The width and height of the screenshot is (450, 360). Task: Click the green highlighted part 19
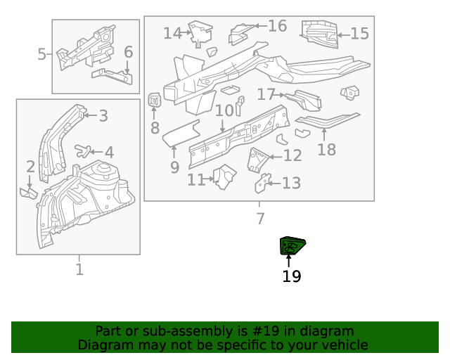(x=292, y=246)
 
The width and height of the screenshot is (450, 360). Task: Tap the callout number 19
(x=291, y=276)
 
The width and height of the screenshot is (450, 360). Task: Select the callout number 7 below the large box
(x=260, y=219)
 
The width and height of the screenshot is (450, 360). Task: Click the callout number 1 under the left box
(x=79, y=269)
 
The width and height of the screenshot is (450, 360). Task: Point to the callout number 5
(x=42, y=54)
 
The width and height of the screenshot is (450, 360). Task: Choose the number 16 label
(x=277, y=26)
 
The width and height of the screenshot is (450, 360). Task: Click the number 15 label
(x=359, y=33)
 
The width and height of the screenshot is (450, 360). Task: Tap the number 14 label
(x=172, y=33)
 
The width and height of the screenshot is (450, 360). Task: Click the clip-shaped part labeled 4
(x=84, y=149)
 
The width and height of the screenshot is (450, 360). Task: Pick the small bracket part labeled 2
(x=29, y=191)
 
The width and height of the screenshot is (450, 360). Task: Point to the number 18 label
(x=326, y=149)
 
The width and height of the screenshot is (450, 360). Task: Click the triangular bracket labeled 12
(x=258, y=160)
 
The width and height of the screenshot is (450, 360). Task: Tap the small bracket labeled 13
(x=262, y=184)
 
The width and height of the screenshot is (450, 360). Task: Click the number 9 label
(x=174, y=167)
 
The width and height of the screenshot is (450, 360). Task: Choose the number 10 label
(x=224, y=111)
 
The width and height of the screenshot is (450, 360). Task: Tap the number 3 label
(x=103, y=116)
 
